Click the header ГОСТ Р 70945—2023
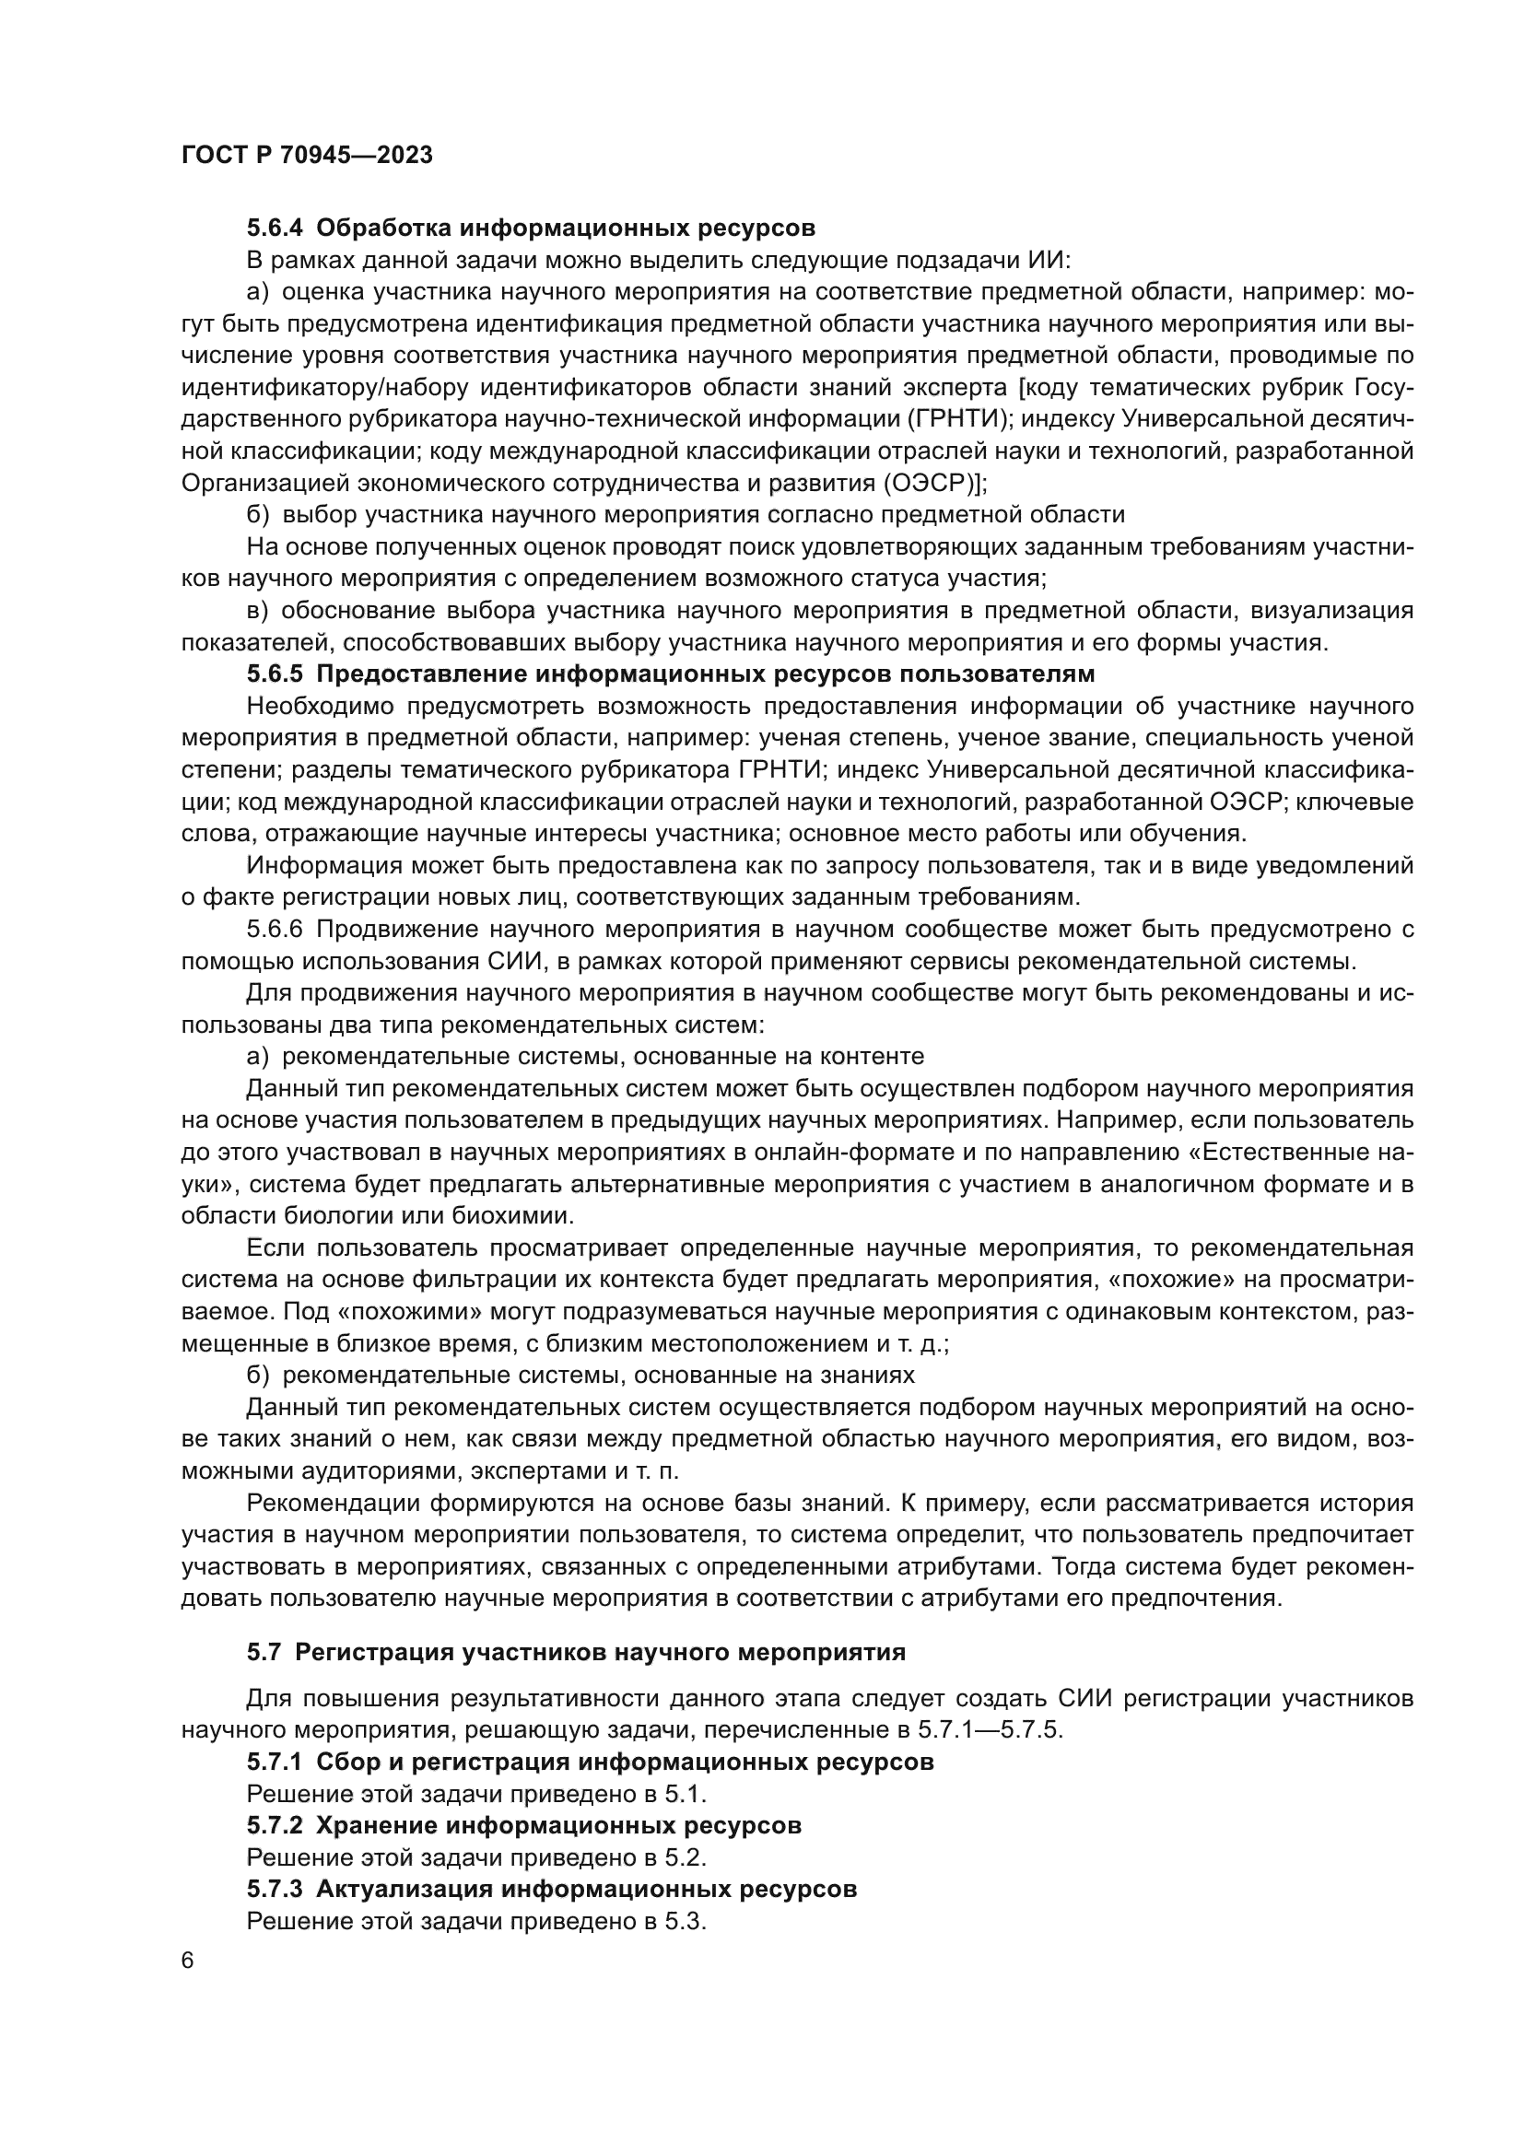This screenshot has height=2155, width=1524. [x=307, y=156]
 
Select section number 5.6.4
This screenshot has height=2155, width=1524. [x=275, y=228]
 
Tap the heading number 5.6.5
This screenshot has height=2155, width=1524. [x=275, y=674]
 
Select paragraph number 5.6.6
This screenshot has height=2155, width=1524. [x=275, y=931]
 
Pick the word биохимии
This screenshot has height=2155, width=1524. [x=521, y=1216]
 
